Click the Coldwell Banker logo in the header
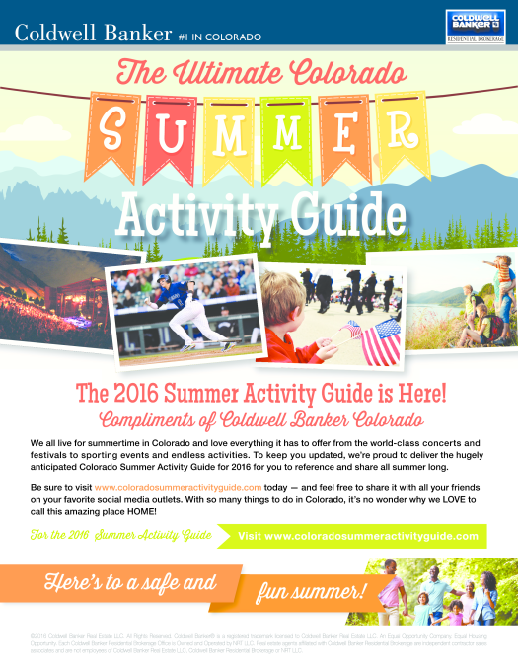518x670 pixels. point(476,27)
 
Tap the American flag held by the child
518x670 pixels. point(381,341)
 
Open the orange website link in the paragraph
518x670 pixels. point(178,487)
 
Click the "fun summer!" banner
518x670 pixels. point(310,593)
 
